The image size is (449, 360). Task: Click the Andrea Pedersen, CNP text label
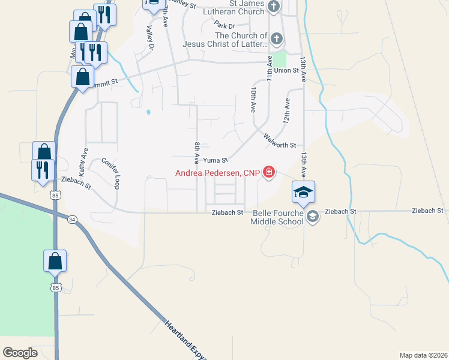[x=217, y=173]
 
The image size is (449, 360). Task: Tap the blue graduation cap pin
[x=303, y=192]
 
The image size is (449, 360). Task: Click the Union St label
[x=287, y=70]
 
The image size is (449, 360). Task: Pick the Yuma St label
[x=215, y=160]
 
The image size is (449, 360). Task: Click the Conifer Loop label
[x=110, y=174]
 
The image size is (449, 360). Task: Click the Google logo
[x=20, y=352]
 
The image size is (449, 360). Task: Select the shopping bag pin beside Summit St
[x=82, y=77]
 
